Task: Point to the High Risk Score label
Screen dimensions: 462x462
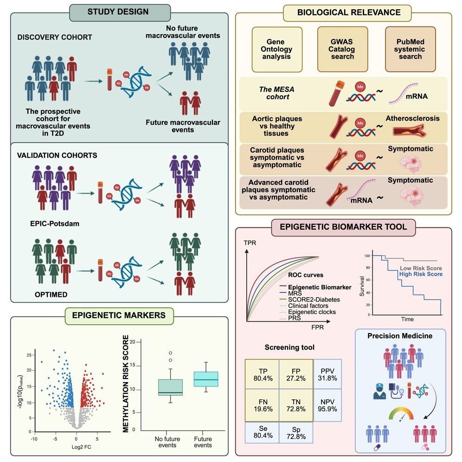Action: coord(420,274)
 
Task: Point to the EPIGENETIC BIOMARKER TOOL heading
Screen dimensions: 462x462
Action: coord(343,227)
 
